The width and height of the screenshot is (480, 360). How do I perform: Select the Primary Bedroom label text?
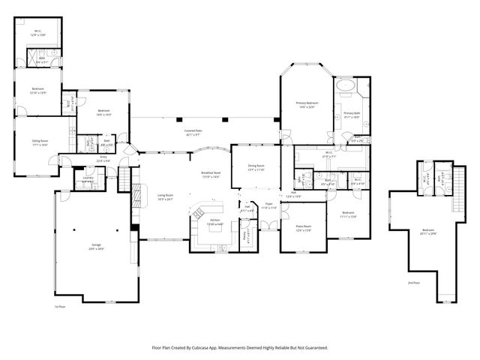coord(306,104)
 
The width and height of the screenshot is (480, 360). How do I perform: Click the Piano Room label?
coord(303,227)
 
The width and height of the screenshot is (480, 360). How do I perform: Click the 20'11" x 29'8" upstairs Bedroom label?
coord(427,232)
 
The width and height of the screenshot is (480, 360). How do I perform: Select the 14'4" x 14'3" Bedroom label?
coord(104,114)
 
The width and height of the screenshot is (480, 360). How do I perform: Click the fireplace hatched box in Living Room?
coord(136,196)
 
